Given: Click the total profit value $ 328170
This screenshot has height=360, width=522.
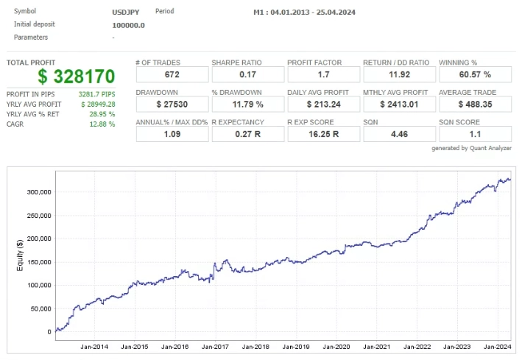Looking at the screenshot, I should (x=77, y=77).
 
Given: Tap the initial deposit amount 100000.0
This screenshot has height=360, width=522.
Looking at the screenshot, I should (x=128, y=25).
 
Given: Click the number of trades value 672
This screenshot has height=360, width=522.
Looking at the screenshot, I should (x=170, y=74).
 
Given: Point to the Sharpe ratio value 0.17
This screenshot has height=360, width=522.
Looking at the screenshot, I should (x=246, y=74).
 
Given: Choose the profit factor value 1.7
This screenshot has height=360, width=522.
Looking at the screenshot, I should (x=322, y=74).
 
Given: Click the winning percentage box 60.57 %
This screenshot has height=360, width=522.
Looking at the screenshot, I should (x=474, y=74).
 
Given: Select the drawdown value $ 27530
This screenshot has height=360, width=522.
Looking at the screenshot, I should (x=170, y=105).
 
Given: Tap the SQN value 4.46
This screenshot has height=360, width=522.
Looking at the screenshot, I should (x=398, y=135).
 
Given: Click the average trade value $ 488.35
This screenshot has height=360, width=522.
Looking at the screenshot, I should (x=474, y=105).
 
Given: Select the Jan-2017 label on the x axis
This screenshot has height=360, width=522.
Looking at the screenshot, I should (x=216, y=347).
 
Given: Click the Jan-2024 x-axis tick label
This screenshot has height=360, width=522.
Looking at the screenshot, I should (x=498, y=347).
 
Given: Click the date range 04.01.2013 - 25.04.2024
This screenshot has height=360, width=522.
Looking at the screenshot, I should (x=305, y=13).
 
